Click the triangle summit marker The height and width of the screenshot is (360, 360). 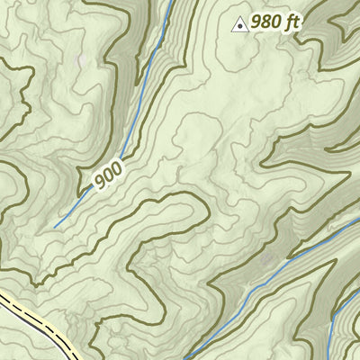pyautogui.click(x=240, y=25)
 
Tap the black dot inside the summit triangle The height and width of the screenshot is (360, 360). pyautogui.click(x=240, y=26)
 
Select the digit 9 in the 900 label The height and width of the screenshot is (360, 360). pyautogui.click(x=98, y=185)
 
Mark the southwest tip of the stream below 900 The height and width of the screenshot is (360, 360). pyautogui.click(x=55, y=227)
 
